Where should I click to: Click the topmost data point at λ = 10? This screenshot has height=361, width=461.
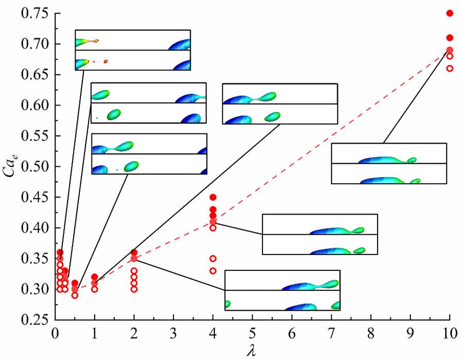point(450,13)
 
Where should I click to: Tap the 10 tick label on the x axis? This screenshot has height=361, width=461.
point(449,333)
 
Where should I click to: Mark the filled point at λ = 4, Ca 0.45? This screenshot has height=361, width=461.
point(213,197)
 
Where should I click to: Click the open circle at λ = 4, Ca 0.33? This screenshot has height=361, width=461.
point(213,270)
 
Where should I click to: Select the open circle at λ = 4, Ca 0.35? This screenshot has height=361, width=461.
point(213,259)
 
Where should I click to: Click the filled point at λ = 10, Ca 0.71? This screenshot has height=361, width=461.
point(450,38)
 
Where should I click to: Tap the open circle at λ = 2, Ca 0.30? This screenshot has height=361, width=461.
point(134,289)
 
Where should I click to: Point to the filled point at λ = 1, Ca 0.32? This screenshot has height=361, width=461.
point(95,277)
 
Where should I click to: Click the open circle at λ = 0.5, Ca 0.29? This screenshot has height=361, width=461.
point(75,295)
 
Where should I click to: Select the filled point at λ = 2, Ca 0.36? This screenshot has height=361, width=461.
point(134,252)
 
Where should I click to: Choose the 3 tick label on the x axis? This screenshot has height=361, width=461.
point(173,333)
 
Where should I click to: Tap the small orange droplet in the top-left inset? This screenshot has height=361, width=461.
point(105,61)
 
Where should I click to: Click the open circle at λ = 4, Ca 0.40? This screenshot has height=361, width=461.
point(213,228)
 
